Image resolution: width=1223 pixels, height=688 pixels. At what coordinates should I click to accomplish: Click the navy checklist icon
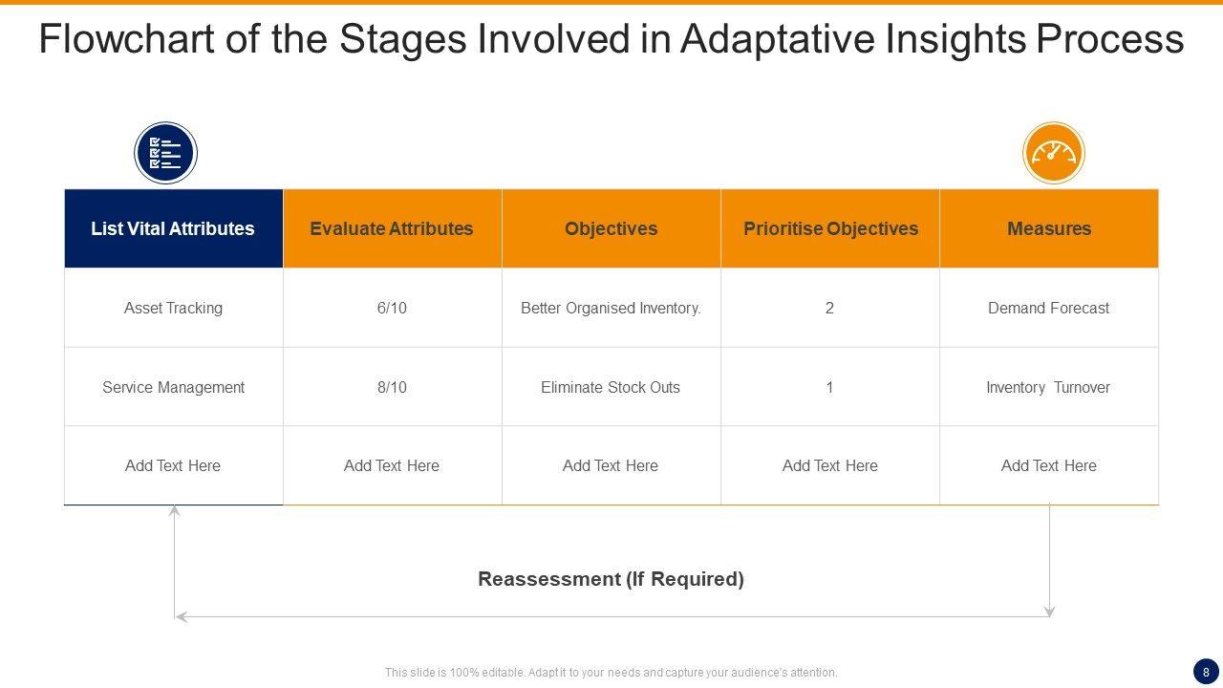[x=165, y=153]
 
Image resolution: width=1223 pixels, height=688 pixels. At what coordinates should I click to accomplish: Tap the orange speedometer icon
[x=1053, y=153]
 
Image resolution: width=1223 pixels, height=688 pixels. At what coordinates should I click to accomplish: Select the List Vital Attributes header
[x=174, y=228]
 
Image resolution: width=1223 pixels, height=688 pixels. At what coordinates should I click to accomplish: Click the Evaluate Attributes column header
[x=392, y=228]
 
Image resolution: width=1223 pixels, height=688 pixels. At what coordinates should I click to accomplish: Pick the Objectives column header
[x=611, y=228]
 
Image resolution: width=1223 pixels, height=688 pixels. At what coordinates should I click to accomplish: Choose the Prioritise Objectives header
[x=830, y=228]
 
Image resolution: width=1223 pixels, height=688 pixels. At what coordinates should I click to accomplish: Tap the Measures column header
[x=1049, y=228]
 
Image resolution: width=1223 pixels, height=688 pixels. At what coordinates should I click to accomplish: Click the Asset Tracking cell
[x=174, y=308]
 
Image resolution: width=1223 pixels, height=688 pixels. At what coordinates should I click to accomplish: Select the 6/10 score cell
[x=392, y=308]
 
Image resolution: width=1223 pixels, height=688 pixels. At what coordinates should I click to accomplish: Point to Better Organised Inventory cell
[x=611, y=308]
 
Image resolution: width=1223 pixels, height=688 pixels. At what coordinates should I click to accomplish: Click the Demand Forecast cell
[x=1049, y=308]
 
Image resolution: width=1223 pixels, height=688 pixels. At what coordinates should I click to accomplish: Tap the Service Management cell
[x=174, y=387]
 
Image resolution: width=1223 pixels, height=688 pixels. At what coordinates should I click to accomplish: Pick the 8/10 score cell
[x=392, y=387]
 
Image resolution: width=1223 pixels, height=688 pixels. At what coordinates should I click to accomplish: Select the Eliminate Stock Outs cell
[x=611, y=387]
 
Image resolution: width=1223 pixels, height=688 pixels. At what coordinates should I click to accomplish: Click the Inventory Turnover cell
[x=1049, y=387]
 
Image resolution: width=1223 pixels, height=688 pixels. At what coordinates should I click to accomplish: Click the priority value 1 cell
[x=830, y=387]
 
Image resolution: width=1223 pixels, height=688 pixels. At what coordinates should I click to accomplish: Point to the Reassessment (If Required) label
[x=611, y=579]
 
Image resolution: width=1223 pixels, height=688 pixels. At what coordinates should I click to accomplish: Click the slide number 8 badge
[x=1206, y=672]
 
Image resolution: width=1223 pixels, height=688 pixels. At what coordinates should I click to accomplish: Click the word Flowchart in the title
[x=126, y=38]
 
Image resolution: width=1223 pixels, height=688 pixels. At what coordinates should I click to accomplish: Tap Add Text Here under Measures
[x=1049, y=465]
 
